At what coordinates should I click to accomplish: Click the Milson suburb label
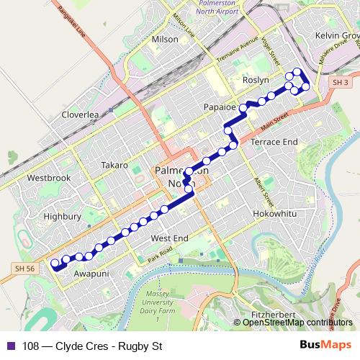pos(166,40)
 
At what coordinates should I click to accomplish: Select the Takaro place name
pos(114,165)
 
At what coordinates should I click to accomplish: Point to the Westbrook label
pos(48,177)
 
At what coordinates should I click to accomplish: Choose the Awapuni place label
pos(91,274)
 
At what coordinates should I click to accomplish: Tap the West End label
pos(169,238)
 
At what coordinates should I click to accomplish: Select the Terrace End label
pos(274,143)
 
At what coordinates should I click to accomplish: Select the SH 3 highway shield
pos(340,84)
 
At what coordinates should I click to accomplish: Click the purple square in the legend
pos(10,345)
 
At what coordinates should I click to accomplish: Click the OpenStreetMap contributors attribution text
pos(294,322)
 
